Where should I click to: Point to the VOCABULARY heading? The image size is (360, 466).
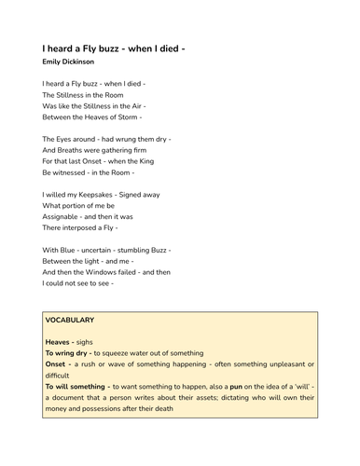[x=70, y=320]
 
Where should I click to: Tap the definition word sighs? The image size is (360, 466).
[x=85, y=341]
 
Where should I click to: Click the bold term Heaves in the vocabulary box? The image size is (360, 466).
[x=60, y=341]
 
